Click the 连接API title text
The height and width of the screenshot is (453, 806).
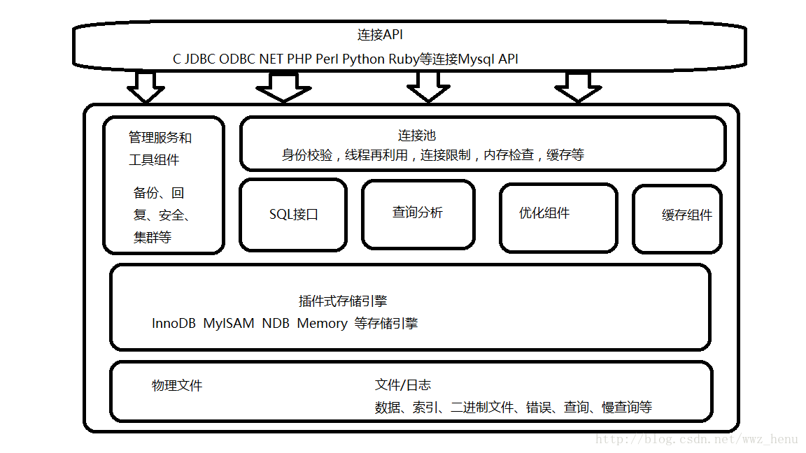(380, 35)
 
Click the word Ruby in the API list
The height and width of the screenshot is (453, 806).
(403, 59)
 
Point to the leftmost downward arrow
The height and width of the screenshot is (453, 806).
(146, 87)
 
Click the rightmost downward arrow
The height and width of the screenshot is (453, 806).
(578, 87)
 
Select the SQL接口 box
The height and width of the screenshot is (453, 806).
(293, 215)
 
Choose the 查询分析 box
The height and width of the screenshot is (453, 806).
(418, 213)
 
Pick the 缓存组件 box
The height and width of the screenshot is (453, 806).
(677, 218)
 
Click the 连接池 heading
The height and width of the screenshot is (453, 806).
(417, 136)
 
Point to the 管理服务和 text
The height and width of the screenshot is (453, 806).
(160, 138)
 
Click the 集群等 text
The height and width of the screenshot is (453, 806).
(153, 238)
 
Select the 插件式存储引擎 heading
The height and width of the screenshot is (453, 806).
(343, 301)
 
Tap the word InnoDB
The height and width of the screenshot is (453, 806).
(174, 324)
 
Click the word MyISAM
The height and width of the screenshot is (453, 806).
(228, 324)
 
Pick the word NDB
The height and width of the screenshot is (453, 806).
(276, 324)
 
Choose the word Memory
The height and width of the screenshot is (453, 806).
(322, 324)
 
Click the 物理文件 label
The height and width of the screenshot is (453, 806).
(177, 386)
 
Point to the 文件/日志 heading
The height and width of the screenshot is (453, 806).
(403, 385)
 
